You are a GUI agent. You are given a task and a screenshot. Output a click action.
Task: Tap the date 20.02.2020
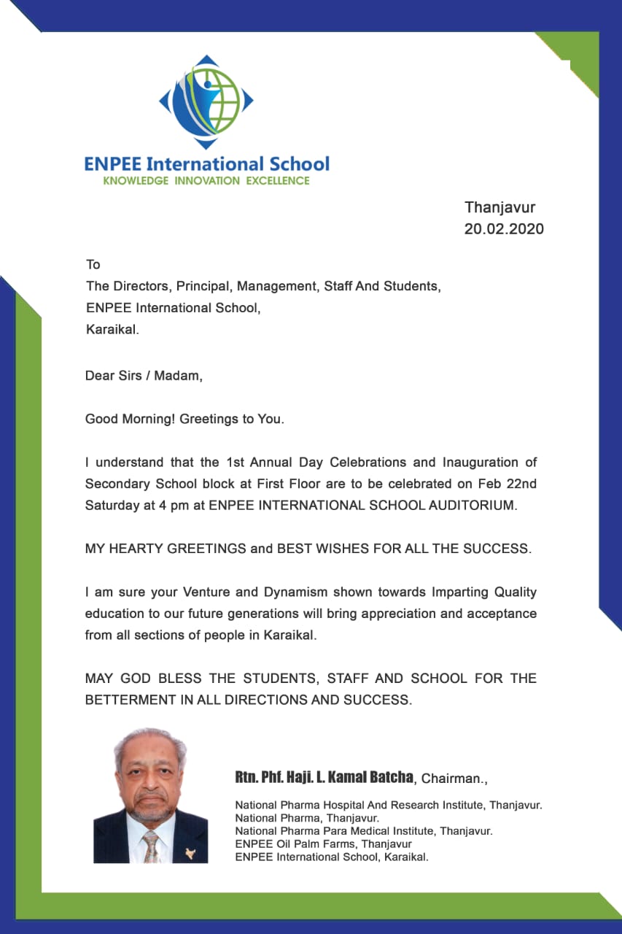pos(504,229)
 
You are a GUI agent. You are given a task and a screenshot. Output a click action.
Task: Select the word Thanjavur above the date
pos(500,208)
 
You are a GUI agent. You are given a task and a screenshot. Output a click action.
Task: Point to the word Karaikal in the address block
pos(111,329)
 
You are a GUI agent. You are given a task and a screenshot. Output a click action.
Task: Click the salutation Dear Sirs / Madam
pos(144,376)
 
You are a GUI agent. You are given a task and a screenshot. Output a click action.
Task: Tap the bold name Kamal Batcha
pos(373,777)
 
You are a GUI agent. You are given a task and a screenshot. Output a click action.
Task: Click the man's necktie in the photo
pos(150,846)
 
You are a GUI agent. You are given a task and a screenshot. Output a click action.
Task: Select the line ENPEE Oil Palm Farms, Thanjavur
pos(323,844)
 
